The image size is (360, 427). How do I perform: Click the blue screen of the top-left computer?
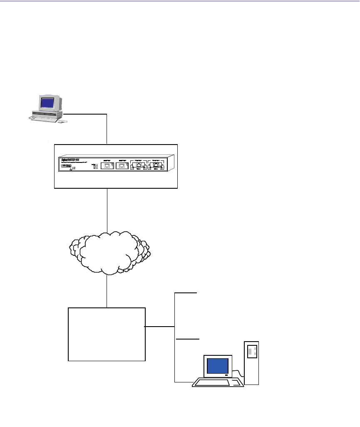click(49, 103)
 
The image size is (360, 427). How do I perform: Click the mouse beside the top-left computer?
click(61, 122)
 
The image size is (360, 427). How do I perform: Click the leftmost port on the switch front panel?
click(107, 165)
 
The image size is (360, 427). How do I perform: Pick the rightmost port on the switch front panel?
click(156, 166)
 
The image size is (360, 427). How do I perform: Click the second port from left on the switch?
click(122, 165)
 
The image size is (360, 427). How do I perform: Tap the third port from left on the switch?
click(138, 166)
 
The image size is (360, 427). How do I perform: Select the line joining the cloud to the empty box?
click(107, 291)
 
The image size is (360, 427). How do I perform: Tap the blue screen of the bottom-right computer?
click(218, 366)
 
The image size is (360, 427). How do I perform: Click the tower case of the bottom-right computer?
click(251, 362)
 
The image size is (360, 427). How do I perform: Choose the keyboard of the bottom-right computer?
click(218, 382)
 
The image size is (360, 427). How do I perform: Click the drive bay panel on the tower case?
click(251, 351)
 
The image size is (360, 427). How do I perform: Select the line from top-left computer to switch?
click(107, 127)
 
